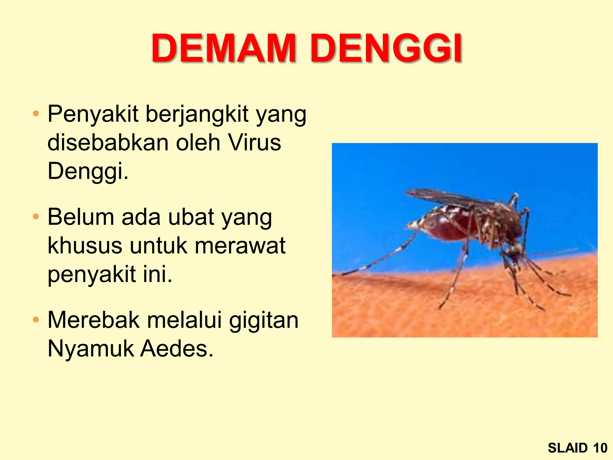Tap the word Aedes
(177, 349)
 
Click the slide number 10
(600, 448)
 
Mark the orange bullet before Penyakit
(36, 114)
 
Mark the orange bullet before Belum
(36, 217)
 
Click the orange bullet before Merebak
(36, 320)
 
